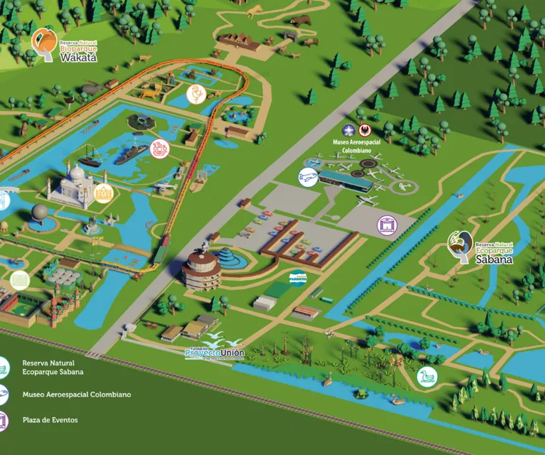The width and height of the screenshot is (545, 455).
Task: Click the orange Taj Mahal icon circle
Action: tap(104, 192)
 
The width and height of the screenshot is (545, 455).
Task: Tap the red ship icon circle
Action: tap(160, 149)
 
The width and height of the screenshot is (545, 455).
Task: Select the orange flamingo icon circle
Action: tap(195, 94)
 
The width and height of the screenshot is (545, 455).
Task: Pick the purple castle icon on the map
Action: tap(387, 226)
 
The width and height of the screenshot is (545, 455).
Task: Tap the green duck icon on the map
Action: tap(426, 375)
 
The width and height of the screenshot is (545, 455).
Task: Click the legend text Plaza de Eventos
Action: tap(50, 420)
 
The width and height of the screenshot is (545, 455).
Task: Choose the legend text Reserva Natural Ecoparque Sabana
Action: tap(53, 367)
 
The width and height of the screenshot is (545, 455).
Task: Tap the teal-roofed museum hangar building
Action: tap(346, 180)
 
